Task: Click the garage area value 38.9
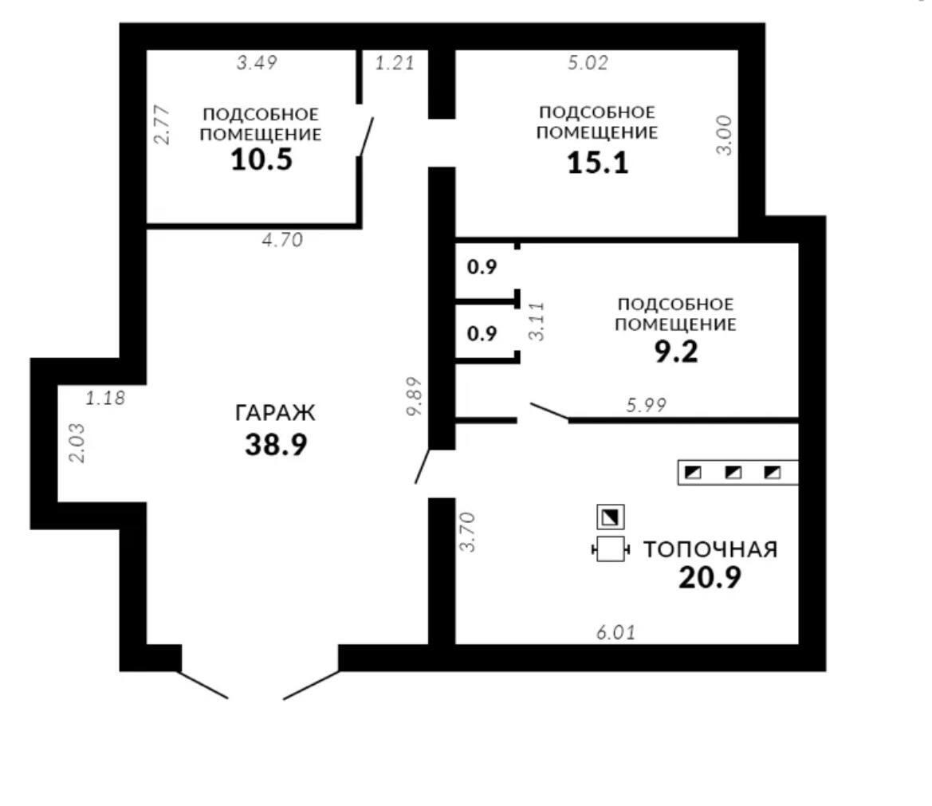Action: click(276, 444)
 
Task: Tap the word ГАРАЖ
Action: click(275, 412)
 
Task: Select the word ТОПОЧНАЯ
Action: click(710, 549)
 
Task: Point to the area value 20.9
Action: click(710, 577)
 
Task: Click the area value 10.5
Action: click(262, 159)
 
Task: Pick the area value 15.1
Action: click(597, 163)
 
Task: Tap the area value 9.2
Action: click(676, 352)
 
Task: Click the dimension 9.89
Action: click(415, 396)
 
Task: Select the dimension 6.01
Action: click(615, 632)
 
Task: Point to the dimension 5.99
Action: click(646, 405)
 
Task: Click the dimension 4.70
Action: click(282, 239)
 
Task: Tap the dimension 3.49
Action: click(257, 62)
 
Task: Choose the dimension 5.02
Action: click(588, 62)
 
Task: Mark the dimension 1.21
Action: click(395, 62)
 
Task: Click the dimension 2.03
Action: click(77, 442)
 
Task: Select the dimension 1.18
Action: click(105, 398)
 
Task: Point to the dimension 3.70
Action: click(468, 532)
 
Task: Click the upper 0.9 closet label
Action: click(482, 267)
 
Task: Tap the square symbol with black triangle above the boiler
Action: click(611, 517)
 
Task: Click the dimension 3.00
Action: click(724, 136)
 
